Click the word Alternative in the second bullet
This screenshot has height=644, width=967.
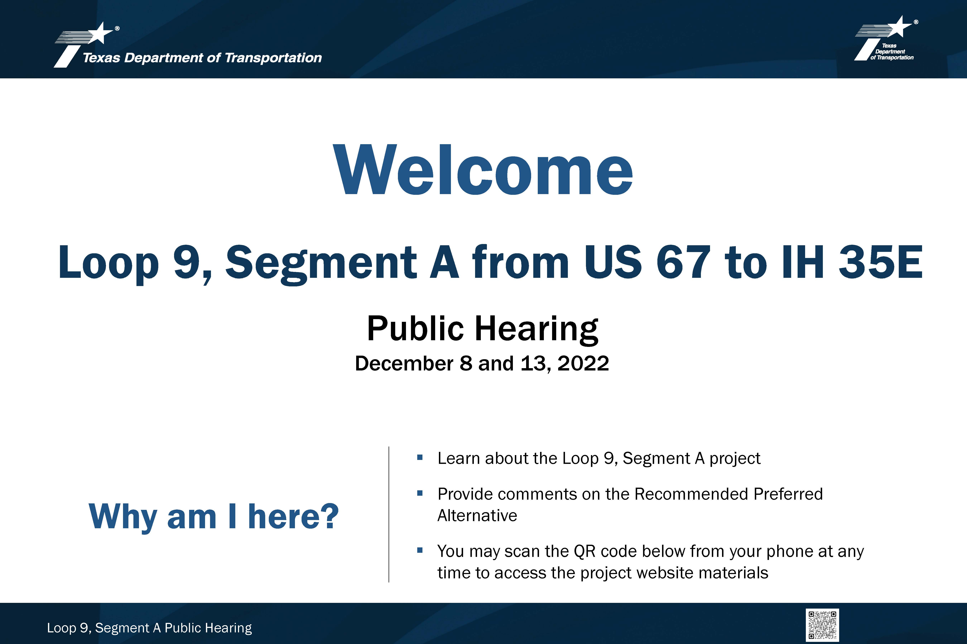[x=477, y=515]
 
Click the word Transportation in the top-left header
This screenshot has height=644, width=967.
[x=273, y=58]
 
